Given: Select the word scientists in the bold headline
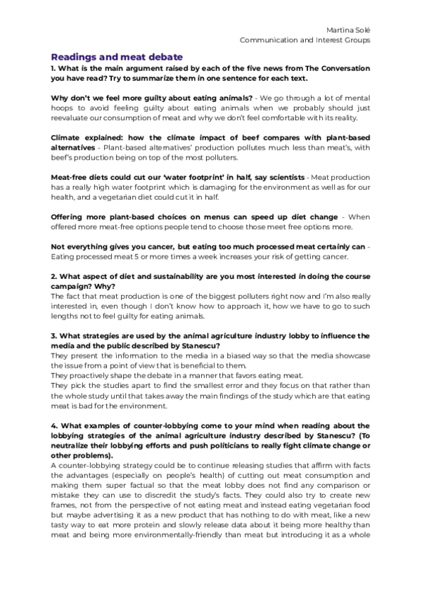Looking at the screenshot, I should tap(279, 176).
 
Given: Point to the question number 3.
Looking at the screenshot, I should tap(53, 336).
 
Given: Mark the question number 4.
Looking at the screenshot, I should tap(53, 425).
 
